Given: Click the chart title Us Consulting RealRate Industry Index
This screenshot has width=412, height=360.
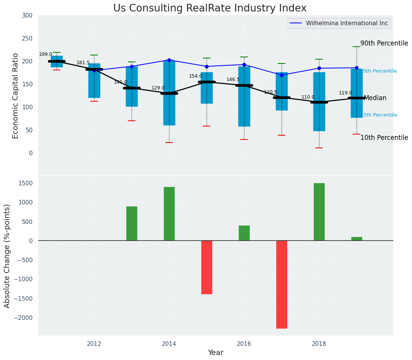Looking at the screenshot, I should pos(210,8).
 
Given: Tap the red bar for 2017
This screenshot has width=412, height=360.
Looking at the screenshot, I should pos(282,284).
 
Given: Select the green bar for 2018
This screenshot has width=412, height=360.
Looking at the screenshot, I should pos(319,212).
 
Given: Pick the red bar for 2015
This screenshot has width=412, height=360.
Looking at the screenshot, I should pos(207,267).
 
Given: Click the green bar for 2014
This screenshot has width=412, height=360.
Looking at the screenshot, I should pos(169,214).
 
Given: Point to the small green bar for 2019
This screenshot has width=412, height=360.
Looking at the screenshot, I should pos(357,239).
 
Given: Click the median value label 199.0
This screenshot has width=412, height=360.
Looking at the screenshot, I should pos(46,55).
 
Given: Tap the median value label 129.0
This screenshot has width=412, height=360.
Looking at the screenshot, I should pos(158,88).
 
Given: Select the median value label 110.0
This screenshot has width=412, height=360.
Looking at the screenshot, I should pos(308,97).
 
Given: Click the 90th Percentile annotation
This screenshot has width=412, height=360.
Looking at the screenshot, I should pos(384,44).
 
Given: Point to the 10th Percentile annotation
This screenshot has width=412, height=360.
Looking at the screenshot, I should pos(384,138).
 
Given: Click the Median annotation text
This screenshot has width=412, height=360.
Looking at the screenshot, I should pos(375,98).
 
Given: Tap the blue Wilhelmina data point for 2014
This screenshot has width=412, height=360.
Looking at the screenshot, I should pos(169,60).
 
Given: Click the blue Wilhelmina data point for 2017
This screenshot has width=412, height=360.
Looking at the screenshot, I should pos(282,75).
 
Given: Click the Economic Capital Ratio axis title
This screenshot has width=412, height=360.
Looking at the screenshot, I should pos(16,96).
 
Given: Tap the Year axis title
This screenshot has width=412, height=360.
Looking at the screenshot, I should pos(216,353).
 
